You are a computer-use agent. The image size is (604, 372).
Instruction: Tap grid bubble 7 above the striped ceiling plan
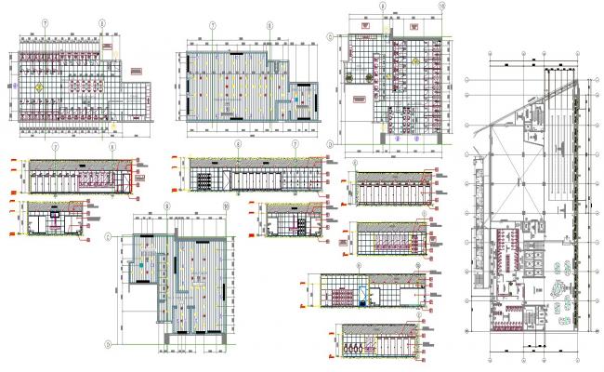pos(214,26)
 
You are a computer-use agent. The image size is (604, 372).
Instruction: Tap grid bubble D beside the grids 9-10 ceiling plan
pos(109,342)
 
